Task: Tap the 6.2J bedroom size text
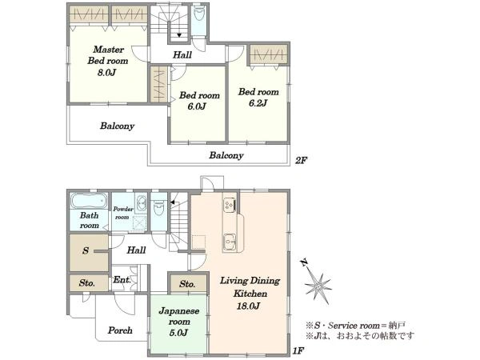pos(258,103)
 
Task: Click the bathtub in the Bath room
pos(89,201)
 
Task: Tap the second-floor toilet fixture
pos(199,14)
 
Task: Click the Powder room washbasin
pos(142,203)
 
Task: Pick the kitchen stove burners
pos(230,205)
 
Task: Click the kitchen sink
pos(230,242)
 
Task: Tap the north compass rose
pos(318,283)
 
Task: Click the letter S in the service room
pos(86,250)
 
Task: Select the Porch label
pos(120,330)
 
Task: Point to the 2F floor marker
pos(301,161)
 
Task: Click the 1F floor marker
pos(298,350)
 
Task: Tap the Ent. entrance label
pos(122,280)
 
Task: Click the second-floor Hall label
pos(182,55)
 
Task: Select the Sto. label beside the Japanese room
pos(187,284)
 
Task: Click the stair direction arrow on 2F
pos(179,35)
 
